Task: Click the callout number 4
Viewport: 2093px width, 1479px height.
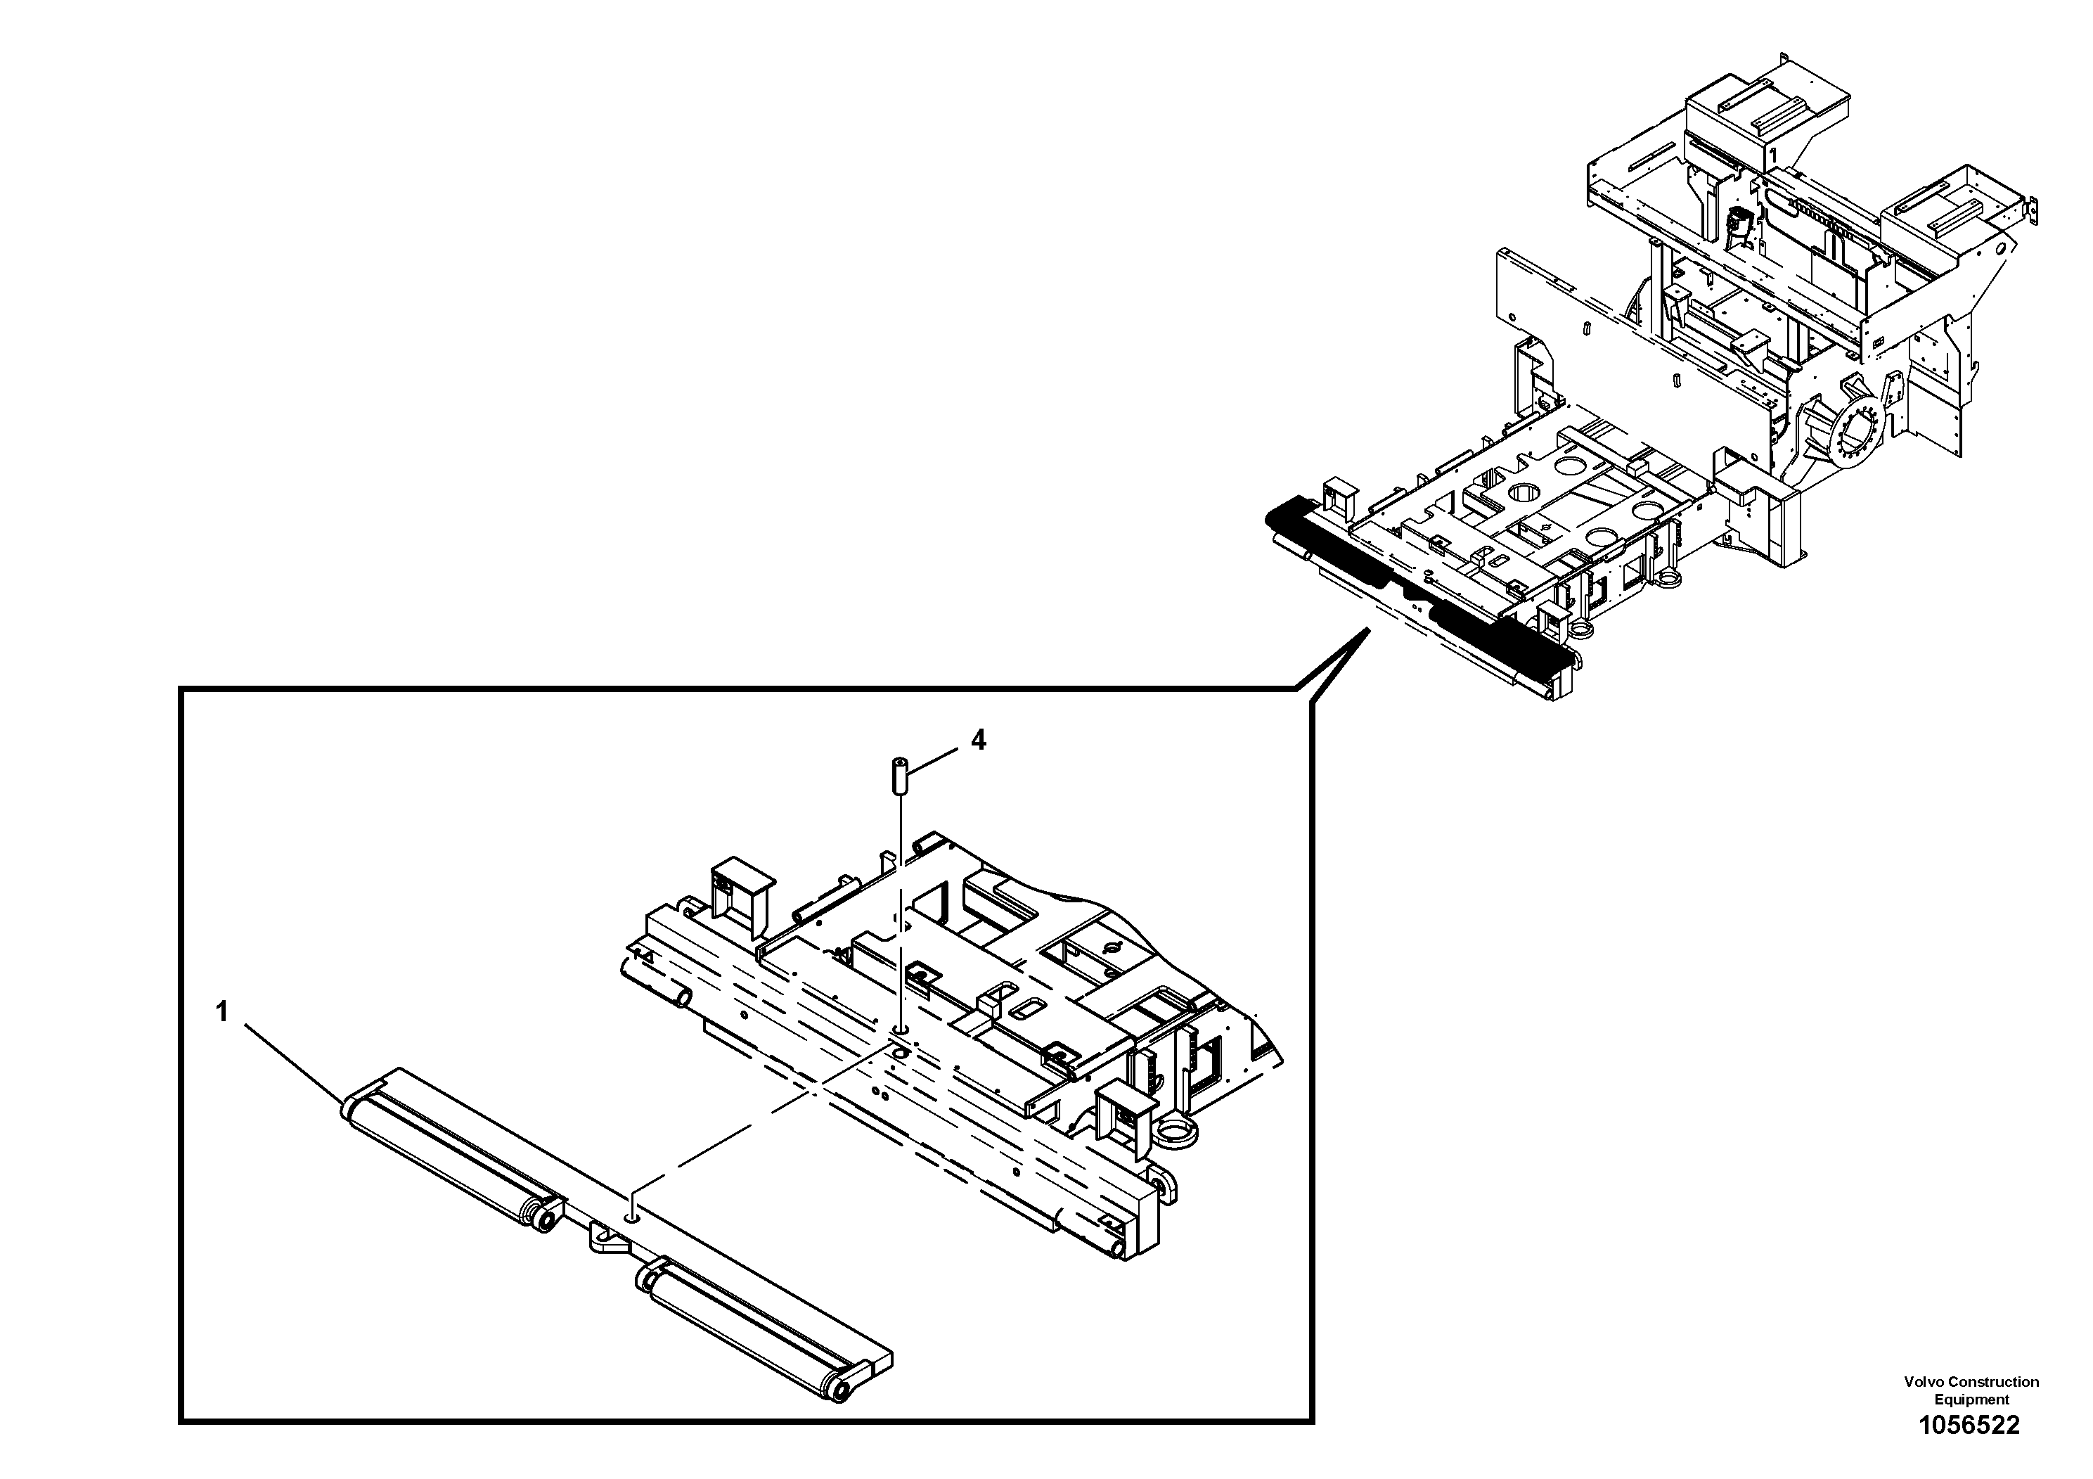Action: [x=978, y=740]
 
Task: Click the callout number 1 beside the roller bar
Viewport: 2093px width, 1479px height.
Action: [x=221, y=1012]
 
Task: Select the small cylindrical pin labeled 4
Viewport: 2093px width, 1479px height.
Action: [x=898, y=777]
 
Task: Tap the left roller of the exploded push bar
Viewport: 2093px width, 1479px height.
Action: [x=449, y=1159]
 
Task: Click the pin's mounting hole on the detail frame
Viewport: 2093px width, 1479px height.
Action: [x=900, y=1030]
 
